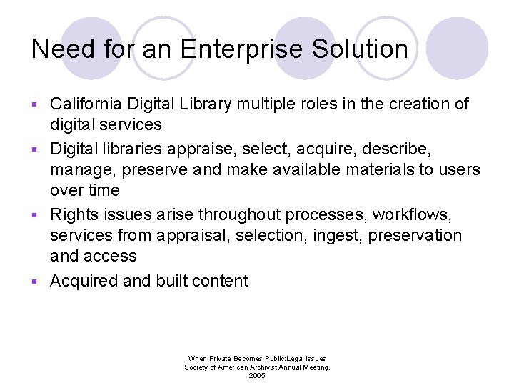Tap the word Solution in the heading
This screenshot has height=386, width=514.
point(365,49)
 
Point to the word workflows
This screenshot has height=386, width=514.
point(413,214)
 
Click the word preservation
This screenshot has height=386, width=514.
point(415,236)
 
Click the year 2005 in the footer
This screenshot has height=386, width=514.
point(257,375)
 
